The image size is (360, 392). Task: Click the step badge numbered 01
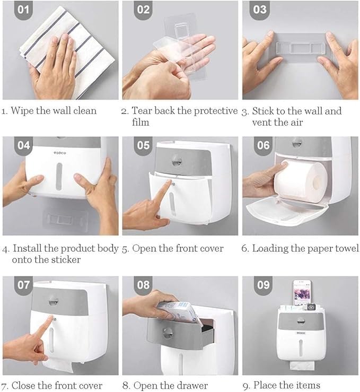(x=23, y=10)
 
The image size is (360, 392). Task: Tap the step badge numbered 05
(x=143, y=145)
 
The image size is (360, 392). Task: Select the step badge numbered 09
(x=264, y=285)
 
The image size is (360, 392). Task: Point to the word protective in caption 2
(x=216, y=111)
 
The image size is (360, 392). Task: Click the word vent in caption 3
(x=262, y=123)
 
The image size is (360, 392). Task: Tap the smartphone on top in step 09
(x=302, y=293)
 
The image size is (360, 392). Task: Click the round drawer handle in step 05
(x=177, y=161)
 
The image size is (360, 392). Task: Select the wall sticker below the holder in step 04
(x=65, y=220)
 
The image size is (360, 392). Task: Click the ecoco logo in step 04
(x=60, y=153)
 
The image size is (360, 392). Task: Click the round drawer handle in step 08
(x=168, y=333)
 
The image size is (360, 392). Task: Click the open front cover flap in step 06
(x=284, y=211)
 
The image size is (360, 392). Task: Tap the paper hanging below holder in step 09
(x=302, y=365)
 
